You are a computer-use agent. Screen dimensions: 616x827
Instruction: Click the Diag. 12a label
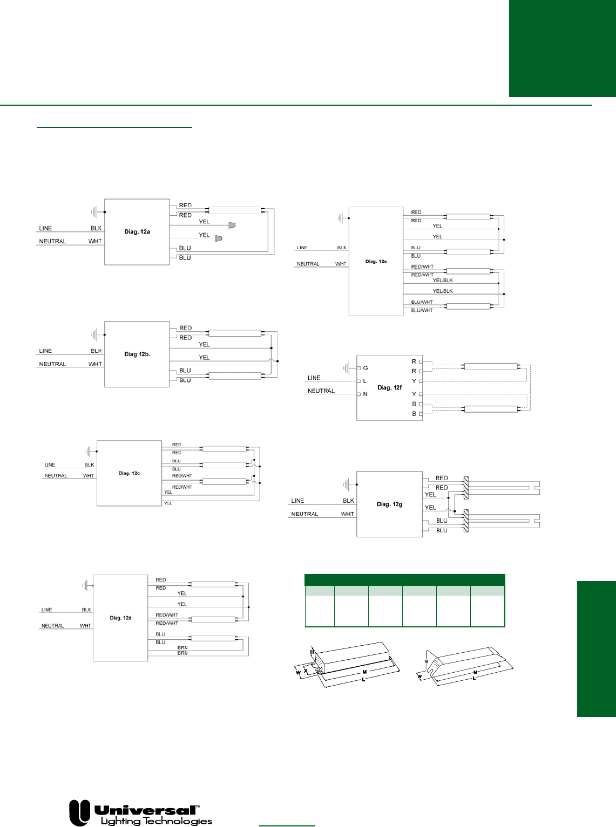(137, 232)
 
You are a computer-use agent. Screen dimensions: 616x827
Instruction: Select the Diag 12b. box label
(137, 354)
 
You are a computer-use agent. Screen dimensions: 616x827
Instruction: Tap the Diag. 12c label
(129, 473)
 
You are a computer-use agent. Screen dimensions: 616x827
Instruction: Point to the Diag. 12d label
(120, 618)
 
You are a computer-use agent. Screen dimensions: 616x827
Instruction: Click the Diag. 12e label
(376, 261)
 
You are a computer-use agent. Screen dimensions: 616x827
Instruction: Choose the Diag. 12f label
(389, 388)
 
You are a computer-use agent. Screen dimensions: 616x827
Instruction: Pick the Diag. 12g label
(389, 504)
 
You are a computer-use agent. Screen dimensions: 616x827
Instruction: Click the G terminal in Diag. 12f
(365, 368)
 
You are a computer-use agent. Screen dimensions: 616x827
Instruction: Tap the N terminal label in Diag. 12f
(365, 394)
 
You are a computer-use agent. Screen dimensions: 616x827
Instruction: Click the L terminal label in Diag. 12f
(365, 381)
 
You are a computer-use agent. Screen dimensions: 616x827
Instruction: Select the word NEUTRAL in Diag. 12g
(304, 514)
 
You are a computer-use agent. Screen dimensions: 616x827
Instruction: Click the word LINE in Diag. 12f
(314, 378)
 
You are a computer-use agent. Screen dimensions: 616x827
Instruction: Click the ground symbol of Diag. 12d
(85, 585)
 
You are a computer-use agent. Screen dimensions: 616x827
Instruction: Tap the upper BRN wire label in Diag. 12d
(182, 647)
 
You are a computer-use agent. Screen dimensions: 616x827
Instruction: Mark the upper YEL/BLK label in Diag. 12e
(443, 281)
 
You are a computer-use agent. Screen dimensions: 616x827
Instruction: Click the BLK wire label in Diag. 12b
(96, 351)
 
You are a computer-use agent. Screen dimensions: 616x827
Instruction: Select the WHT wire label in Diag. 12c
(89, 476)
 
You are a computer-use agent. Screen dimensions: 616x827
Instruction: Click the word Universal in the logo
(146, 810)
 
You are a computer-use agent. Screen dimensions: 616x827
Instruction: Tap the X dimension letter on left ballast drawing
(306, 671)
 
